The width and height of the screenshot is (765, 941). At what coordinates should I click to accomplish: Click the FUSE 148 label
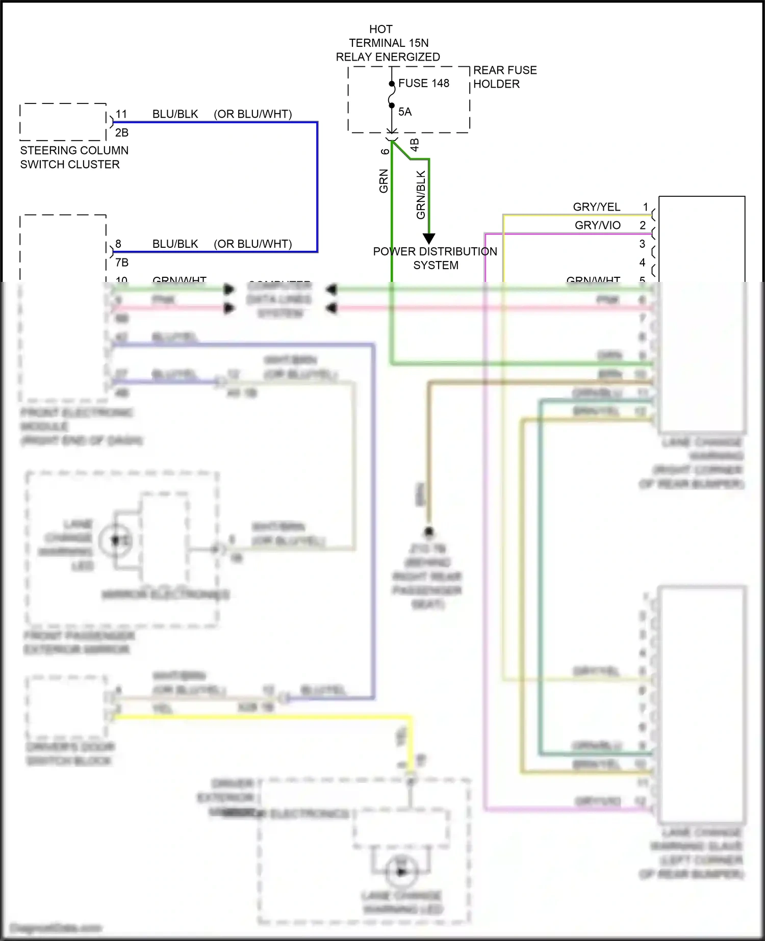(x=423, y=83)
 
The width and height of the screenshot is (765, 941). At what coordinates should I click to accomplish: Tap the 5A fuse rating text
(x=405, y=112)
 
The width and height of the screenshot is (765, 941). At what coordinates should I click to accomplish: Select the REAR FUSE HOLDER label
(x=504, y=77)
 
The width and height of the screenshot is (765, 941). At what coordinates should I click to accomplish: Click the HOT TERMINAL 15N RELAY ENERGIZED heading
(x=388, y=43)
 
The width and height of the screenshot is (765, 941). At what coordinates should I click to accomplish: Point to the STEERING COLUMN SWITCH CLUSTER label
(x=74, y=157)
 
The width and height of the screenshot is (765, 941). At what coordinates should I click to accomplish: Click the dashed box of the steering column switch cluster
(x=63, y=122)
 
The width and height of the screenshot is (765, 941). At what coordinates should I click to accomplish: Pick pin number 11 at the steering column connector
(x=121, y=114)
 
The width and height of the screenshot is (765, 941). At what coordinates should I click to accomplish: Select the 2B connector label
(x=121, y=133)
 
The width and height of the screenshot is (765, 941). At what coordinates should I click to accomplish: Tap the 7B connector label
(x=121, y=263)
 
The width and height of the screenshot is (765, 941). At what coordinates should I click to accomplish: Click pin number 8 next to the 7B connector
(x=118, y=244)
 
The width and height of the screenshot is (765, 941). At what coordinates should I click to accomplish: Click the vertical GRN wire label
(x=384, y=181)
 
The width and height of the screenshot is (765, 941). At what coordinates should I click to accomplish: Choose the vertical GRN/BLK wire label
(x=421, y=195)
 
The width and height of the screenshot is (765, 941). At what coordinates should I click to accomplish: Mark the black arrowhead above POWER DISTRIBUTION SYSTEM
(x=429, y=238)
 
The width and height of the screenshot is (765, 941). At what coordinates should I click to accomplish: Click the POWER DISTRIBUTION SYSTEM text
(x=435, y=258)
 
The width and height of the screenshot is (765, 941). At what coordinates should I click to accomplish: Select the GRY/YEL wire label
(x=596, y=207)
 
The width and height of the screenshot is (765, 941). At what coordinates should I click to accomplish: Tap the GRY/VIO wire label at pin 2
(x=597, y=225)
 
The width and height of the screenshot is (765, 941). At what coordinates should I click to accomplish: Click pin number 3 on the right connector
(x=642, y=244)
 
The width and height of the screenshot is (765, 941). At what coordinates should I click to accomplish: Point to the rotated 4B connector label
(x=415, y=145)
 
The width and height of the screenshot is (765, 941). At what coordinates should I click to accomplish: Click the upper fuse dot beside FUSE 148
(x=392, y=84)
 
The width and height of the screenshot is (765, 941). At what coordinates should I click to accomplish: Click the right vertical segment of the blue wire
(x=317, y=187)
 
